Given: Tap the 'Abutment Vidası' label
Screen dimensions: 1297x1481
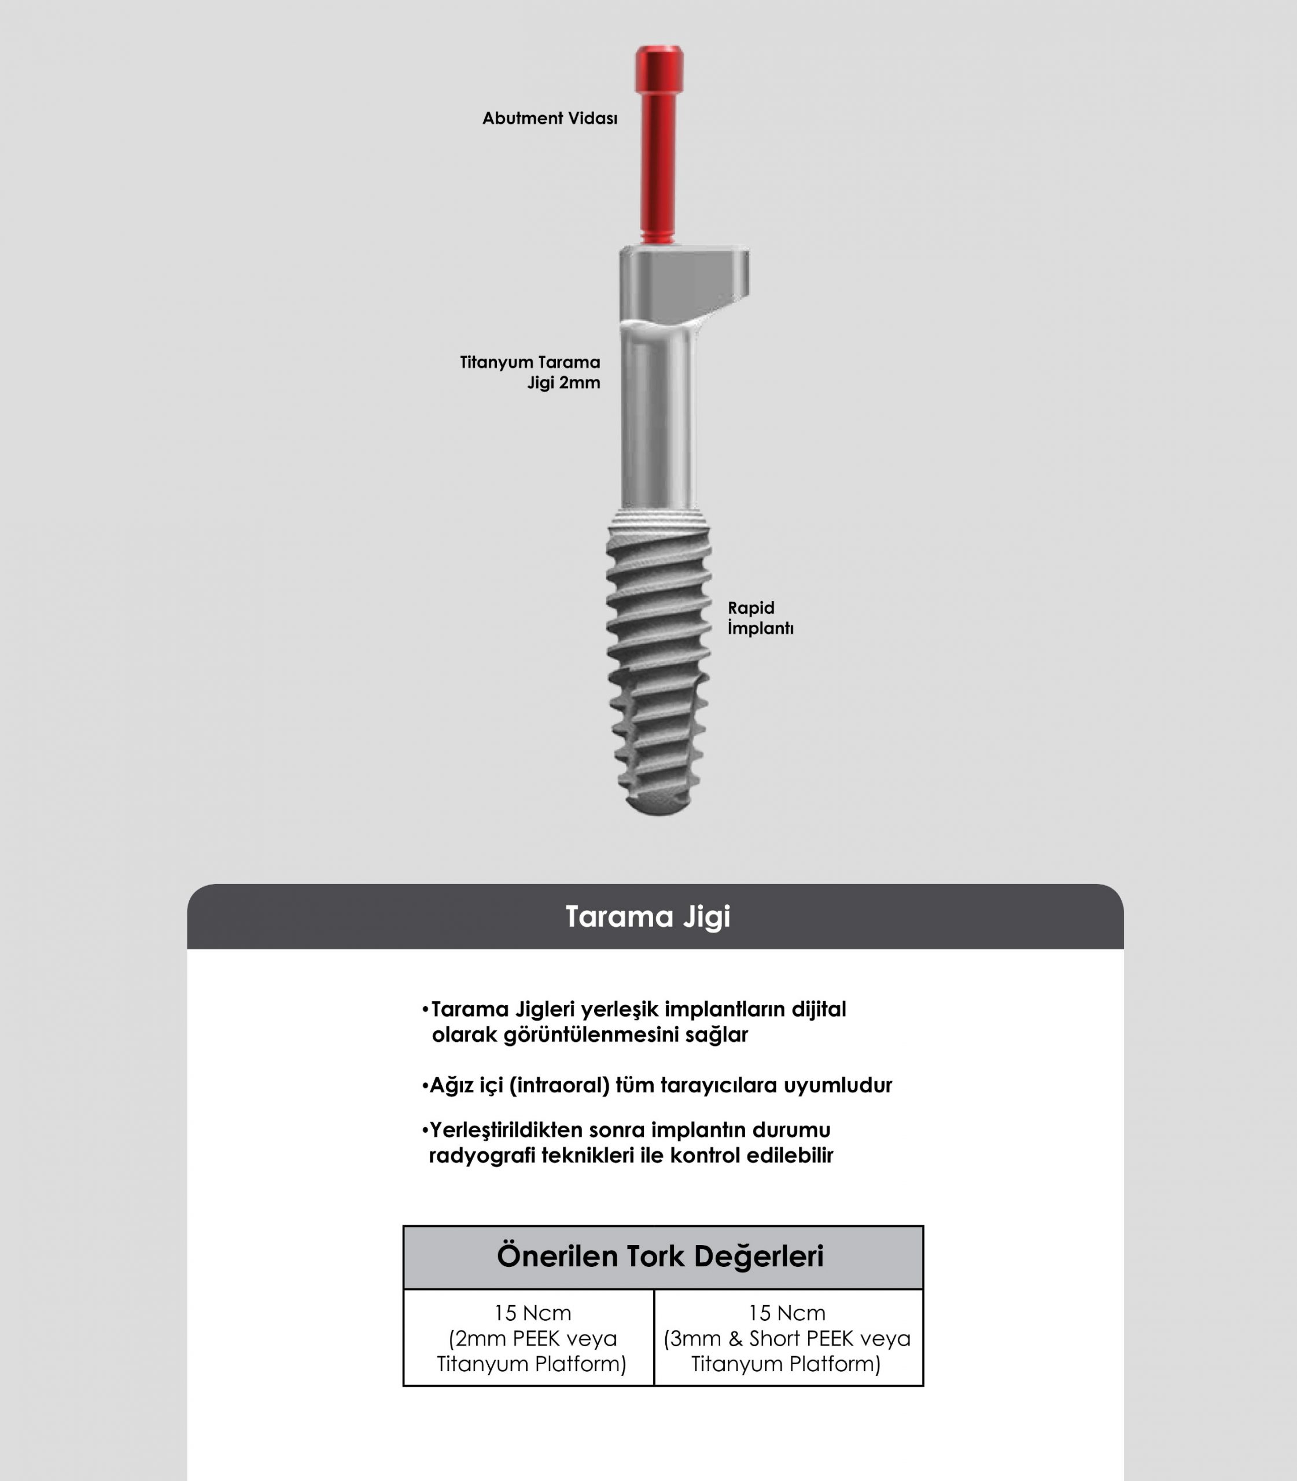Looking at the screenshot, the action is pyautogui.click(x=550, y=118).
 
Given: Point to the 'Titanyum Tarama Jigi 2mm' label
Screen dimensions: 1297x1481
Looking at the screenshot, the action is pyautogui.click(x=530, y=372).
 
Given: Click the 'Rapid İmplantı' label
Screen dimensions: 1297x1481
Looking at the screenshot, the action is pyautogui.click(x=761, y=617).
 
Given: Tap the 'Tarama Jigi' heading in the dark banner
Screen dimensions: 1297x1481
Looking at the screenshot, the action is pyautogui.click(x=648, y=916).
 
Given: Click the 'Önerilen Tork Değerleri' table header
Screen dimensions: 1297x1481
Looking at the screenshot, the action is pyautogui.click(x=660, y=1257).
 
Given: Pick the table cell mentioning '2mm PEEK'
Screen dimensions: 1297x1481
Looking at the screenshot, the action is pyautogui.click(x=529, y=1338).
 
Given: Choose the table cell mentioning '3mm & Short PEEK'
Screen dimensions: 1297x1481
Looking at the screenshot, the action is pyautogui.click(x=788, y=1338).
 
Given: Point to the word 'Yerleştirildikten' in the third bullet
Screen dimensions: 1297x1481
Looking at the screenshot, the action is pyautogui.click(x=507, y=1130).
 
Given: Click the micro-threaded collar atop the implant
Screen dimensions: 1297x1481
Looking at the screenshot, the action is pyautogui.click(x=659, y=520).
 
